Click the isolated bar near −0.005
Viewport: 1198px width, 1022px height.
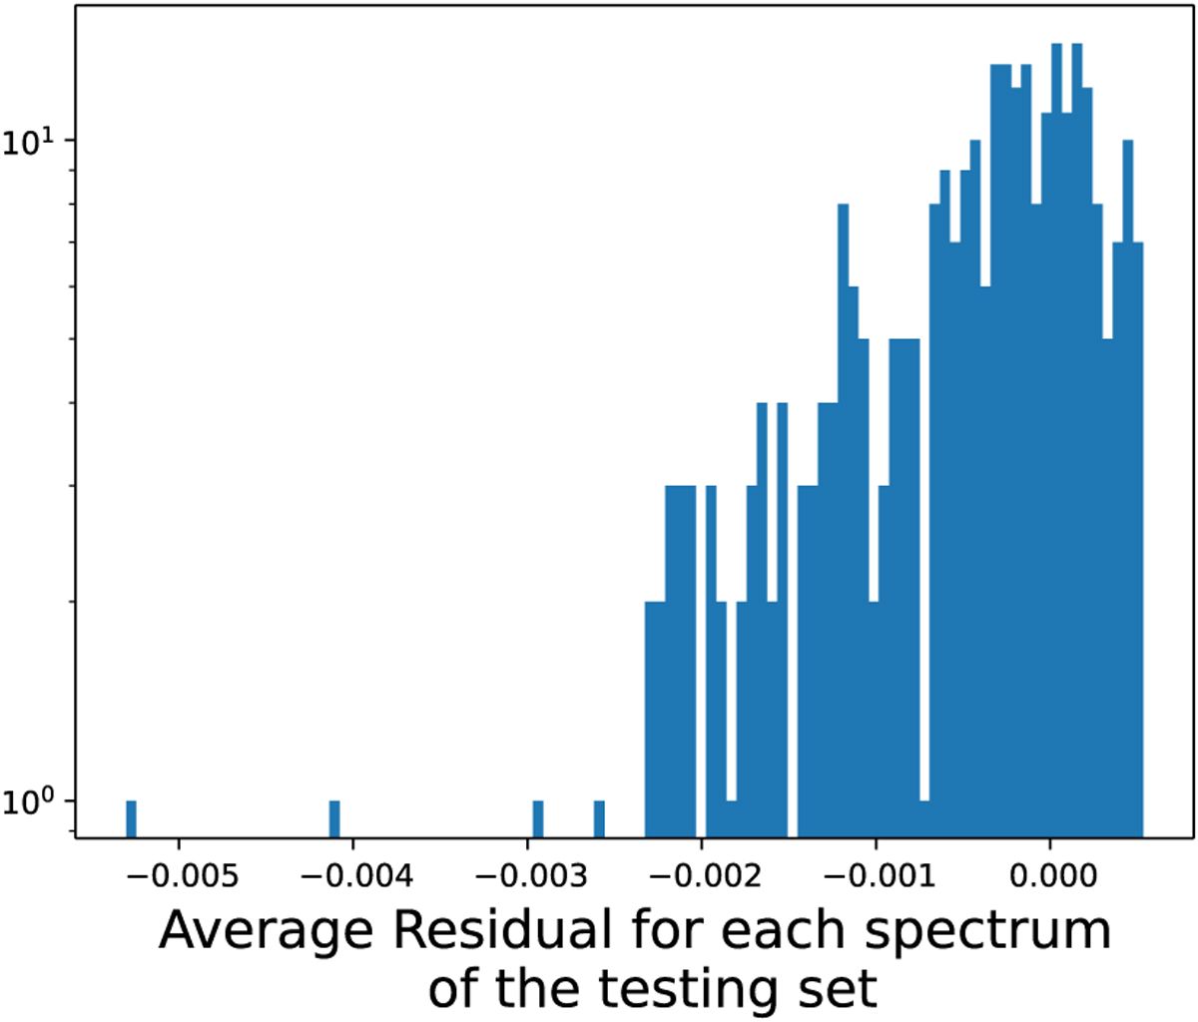click(131, 818)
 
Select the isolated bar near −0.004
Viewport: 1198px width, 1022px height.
click(334, 818)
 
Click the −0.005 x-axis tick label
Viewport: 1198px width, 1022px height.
click(182, 876)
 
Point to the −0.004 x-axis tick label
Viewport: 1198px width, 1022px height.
click(355, 876)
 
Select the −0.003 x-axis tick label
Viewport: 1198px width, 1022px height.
click(530, 876)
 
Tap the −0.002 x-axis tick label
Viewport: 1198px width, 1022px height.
click(704, 876)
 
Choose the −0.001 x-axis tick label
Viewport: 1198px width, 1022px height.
click(879, 876)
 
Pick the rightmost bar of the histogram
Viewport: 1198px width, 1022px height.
click(1138, 540)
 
